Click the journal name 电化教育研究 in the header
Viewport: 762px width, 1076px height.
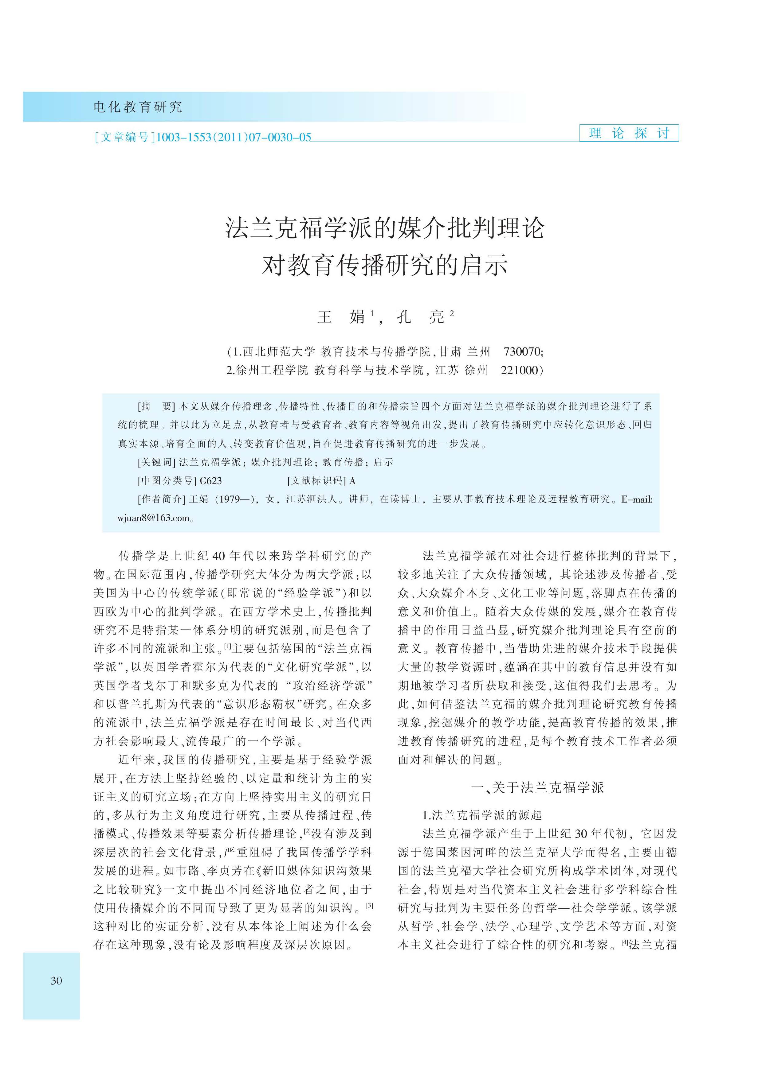[137, 107]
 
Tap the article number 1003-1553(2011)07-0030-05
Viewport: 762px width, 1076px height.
[233, 137]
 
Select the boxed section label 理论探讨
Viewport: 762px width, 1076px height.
[629, 134]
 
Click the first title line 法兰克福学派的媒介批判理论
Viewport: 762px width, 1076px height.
[385, 228]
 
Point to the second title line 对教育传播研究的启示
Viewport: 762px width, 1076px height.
[385, 265]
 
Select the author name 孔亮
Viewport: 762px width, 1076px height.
[420, 317]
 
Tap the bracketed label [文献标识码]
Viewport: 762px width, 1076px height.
[317, 480]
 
